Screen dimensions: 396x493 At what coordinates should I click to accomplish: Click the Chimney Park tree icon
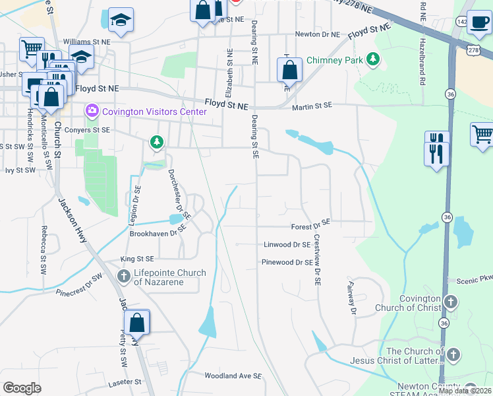point(374,59)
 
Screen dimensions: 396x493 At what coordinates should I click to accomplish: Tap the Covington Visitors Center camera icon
point(91,111)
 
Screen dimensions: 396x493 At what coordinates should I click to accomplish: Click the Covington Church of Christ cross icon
point(450,303)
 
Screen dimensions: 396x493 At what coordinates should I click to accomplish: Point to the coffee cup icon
point(478,22)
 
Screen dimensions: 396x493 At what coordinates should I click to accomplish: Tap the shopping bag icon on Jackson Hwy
point(137,323)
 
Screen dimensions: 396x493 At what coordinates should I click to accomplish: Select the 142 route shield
point(461,21)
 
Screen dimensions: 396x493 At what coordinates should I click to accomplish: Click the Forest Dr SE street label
point(310,227)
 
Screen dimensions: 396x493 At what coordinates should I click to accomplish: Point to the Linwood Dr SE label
point(287,244)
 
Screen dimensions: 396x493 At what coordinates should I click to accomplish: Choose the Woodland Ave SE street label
point(233,376)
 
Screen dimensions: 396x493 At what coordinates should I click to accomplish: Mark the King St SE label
point(136,259)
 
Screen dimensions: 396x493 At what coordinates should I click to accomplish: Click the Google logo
point(22,387)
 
